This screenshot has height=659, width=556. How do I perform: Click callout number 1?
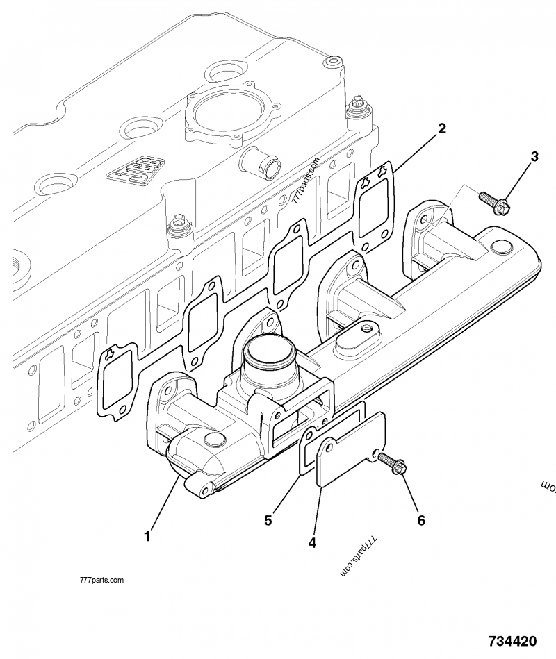[x=147, y=535]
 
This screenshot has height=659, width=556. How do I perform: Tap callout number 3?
[x=534, y=157]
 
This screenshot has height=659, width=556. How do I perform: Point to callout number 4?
[x=312, y=542]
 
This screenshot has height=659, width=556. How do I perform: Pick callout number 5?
[x=267, y=518]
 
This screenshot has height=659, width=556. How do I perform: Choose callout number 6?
[x=420, y=519]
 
